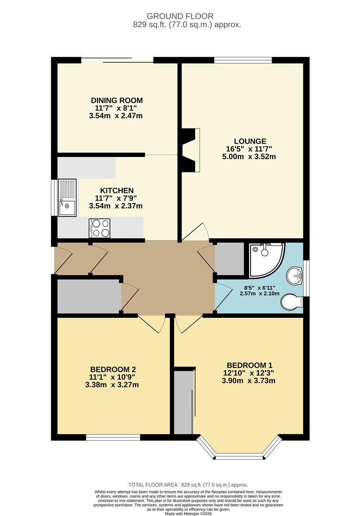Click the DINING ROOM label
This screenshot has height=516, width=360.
(117, 100)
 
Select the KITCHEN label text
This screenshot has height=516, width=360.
(114, 191)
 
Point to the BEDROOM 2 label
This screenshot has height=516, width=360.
(113, 369)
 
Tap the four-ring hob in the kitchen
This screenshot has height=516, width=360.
(99, 228)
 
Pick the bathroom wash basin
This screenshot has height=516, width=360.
(295, 276)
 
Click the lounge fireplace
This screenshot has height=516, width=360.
(190, 150)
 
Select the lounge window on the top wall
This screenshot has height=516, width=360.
(243, 60)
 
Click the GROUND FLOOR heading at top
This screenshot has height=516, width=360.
(180, 16)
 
